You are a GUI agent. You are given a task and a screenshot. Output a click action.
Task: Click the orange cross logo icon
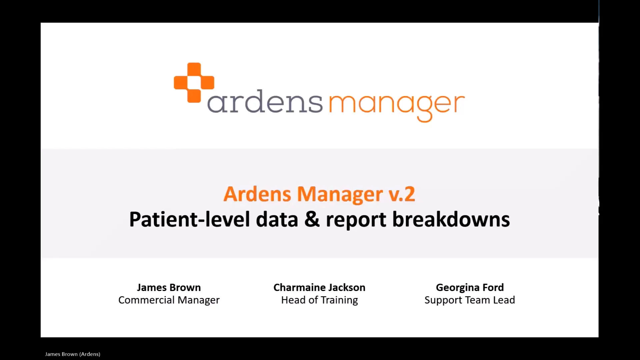(x=194, y=82)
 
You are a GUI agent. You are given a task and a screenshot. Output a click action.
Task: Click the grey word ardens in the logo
(x=265, y=102)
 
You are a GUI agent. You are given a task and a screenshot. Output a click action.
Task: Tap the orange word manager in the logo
(x=397, y=104)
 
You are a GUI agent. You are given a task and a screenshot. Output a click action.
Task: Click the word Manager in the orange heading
(x=340, y=194)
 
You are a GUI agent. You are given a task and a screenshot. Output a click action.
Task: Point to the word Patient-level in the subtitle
(x=189, y=219)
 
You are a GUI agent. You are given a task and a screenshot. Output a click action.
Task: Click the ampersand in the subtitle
(x=312, y=219)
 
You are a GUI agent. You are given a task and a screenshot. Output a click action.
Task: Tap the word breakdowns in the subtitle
(x=451, y=219)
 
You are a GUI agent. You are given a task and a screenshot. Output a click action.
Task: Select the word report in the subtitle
(x=356, y=220)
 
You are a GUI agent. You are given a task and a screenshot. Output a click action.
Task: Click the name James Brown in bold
(x=169, y=287)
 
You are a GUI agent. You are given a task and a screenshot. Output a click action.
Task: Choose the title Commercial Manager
(x=169, y=300)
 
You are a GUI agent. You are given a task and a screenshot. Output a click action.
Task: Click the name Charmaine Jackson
(x=319, y=287)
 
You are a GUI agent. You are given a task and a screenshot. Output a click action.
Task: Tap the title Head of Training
(x=319, y=300)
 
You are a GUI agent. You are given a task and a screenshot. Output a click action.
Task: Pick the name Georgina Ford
(x=470, y=287)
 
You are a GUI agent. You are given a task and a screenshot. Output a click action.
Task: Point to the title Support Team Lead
(x=470, y=300)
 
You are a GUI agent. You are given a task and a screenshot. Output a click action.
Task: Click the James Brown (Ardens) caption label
(x=73, y=354)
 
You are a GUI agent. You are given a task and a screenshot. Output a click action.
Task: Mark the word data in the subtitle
(x=277, y=219)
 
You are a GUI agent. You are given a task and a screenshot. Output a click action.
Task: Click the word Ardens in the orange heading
(x=257, y=194)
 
